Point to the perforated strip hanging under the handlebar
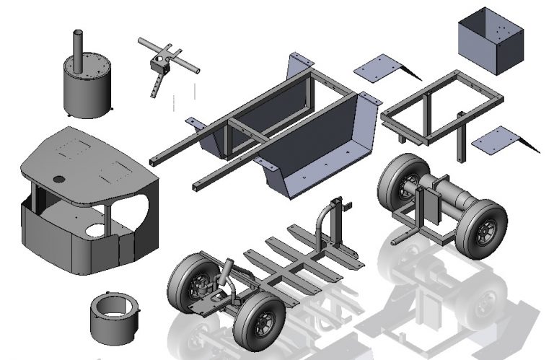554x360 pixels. [x=155, y=85]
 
